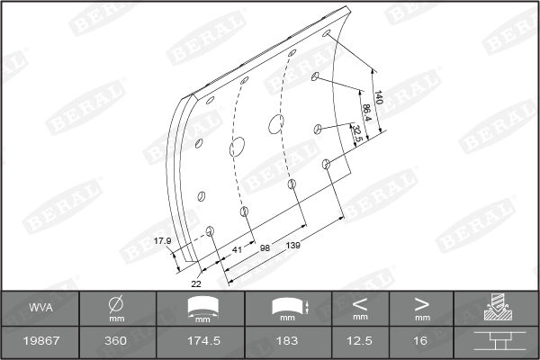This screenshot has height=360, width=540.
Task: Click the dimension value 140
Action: click(x=379, y=98)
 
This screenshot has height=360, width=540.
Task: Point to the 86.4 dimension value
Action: click(x=367, y=114)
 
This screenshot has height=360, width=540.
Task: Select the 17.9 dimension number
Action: click(x=162, y=240)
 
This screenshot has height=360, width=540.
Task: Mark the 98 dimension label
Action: click(x=265, y=247)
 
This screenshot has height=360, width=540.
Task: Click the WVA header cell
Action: click(x=40, y=308)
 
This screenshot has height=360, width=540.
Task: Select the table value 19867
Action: click(x=40, y=342)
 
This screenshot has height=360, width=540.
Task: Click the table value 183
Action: click(x=288, y=342)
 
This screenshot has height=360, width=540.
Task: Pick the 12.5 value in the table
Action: click(x=360, y=342)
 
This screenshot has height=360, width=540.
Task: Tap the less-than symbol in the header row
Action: click(x=360, y=303)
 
